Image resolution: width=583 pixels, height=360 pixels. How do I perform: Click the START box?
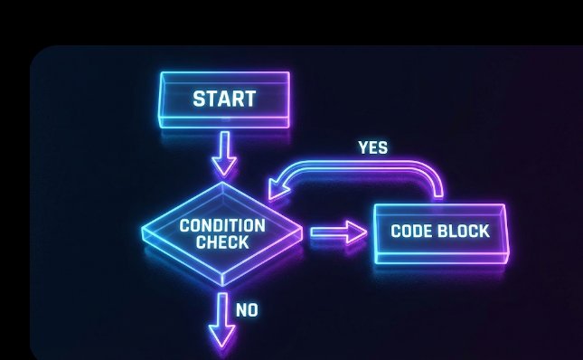223,99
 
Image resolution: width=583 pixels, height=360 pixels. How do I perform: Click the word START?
224,98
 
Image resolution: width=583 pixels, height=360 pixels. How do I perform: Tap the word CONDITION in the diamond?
222,225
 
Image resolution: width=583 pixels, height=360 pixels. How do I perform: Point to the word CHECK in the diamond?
222,242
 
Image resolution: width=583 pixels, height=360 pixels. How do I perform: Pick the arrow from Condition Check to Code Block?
337,232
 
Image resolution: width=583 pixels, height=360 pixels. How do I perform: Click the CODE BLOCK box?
440,232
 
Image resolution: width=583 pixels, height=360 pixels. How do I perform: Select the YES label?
372,147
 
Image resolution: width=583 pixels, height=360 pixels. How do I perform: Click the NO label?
247,310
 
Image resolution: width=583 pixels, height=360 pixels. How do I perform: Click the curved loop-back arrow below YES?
362,167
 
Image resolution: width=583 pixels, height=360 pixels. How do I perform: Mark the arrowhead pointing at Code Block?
358,232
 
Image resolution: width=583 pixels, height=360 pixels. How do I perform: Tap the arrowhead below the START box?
223,166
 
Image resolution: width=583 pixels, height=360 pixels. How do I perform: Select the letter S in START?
198,98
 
